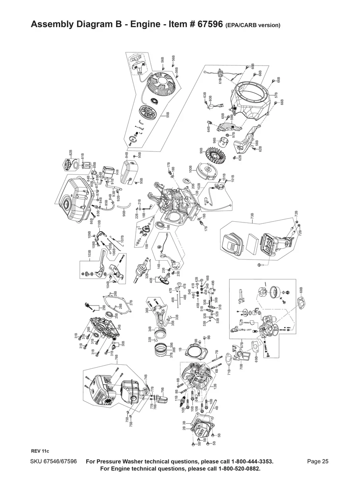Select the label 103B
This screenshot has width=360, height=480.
[x=90, y=254]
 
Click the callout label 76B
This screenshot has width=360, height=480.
[x=116, y=357]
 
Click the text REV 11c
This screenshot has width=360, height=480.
[x=40, y=451]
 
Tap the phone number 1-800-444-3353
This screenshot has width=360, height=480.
[x=248, y=461]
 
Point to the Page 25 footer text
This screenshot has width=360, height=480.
[x=318, y=461]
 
